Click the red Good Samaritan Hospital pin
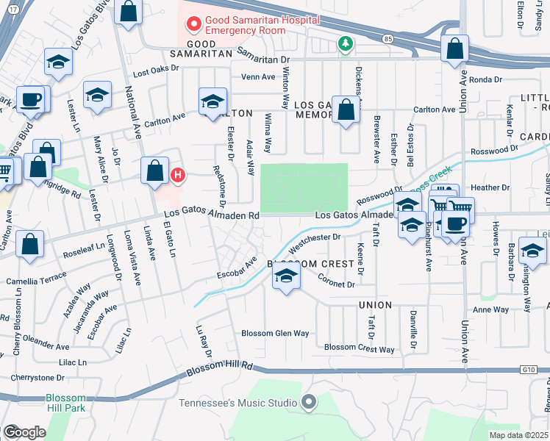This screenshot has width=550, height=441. pos(194,25)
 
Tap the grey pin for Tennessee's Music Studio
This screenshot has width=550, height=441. pos(309,402)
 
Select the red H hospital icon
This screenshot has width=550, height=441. pos(177,175)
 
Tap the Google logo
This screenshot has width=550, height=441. pos(24,432)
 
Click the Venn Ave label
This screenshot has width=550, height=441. pos(258,76)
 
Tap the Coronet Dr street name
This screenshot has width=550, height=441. pos(336,279)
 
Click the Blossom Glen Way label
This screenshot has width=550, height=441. pos(276,333)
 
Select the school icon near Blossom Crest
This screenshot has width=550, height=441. pos(286,276)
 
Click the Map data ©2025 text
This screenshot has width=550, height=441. pos(519,435)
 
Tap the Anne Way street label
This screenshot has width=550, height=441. pos(491,309)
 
